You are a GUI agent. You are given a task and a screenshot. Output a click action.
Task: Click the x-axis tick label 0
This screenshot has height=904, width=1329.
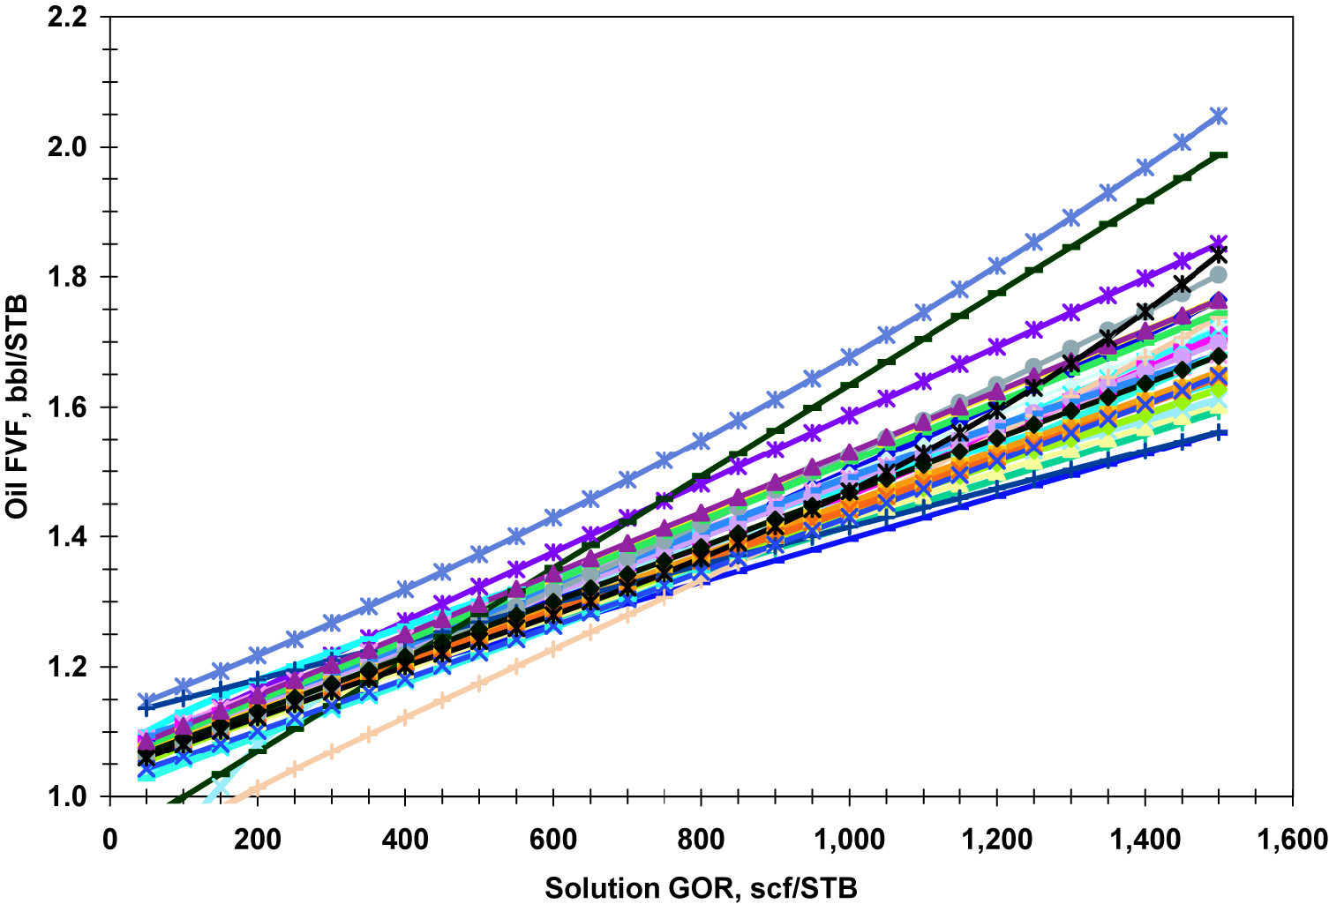point(110,840)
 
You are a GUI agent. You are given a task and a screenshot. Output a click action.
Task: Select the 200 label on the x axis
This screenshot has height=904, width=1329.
point(258,840)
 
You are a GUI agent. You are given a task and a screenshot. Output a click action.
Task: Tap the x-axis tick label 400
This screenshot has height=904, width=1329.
point(405,840)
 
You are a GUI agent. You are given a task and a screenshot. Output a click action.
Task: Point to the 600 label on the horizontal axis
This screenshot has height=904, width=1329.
point(553,840)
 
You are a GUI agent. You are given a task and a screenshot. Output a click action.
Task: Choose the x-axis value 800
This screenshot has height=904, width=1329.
point(702,840)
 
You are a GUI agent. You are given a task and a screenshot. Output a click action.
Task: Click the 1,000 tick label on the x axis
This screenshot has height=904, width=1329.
point(848,840)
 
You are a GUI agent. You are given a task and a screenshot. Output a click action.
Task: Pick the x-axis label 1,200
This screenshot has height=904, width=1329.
point(996,840)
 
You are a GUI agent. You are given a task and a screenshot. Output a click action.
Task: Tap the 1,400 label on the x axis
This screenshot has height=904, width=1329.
point(1145,840)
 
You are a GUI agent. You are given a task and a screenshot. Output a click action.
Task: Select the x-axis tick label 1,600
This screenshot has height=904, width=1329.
point(1292,840)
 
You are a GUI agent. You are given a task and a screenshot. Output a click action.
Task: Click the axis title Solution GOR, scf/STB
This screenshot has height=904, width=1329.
point(701,887)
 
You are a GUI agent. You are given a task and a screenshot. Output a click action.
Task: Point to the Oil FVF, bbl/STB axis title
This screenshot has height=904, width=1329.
point(18,407)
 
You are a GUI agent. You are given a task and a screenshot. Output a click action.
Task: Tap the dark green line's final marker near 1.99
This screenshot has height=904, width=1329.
point(1220,155)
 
